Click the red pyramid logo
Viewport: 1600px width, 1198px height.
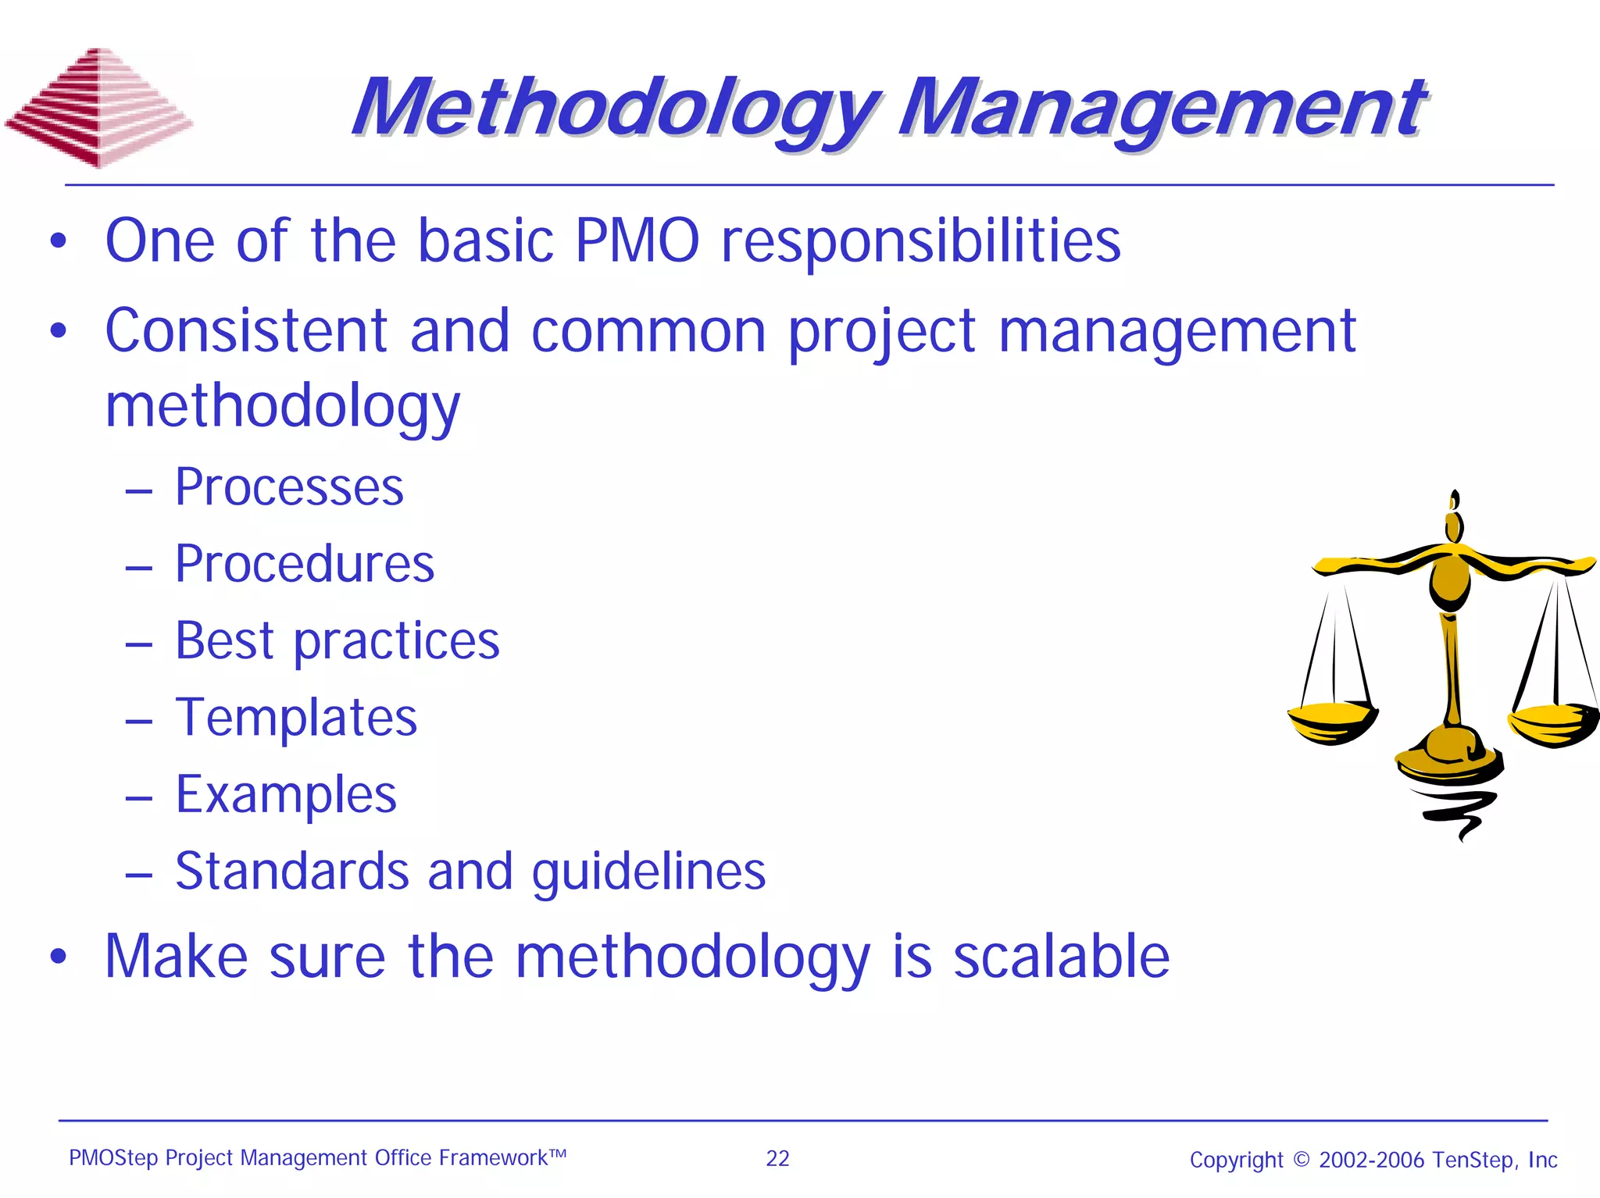point(98,109)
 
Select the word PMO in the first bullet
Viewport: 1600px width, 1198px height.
point(637,241)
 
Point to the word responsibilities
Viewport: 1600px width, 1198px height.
point(920,241)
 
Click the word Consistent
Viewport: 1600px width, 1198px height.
point(246,331)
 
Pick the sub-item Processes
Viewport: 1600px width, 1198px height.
point(289,487)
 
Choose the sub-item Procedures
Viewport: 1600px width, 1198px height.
point(305,564)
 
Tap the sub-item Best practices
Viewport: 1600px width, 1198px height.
point(337,641)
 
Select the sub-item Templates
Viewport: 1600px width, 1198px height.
point(296,718)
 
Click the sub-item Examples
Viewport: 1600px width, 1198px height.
point(286,794)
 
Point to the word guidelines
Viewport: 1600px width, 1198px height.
point(648,872)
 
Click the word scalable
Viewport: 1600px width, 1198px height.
point(1061,957)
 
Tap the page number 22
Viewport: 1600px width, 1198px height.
point(777,1158)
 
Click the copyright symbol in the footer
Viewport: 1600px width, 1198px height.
point(1301,1160)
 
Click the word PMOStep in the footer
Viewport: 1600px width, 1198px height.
point(113,1158)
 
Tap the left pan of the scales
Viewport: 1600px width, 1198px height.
point(1332,722)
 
